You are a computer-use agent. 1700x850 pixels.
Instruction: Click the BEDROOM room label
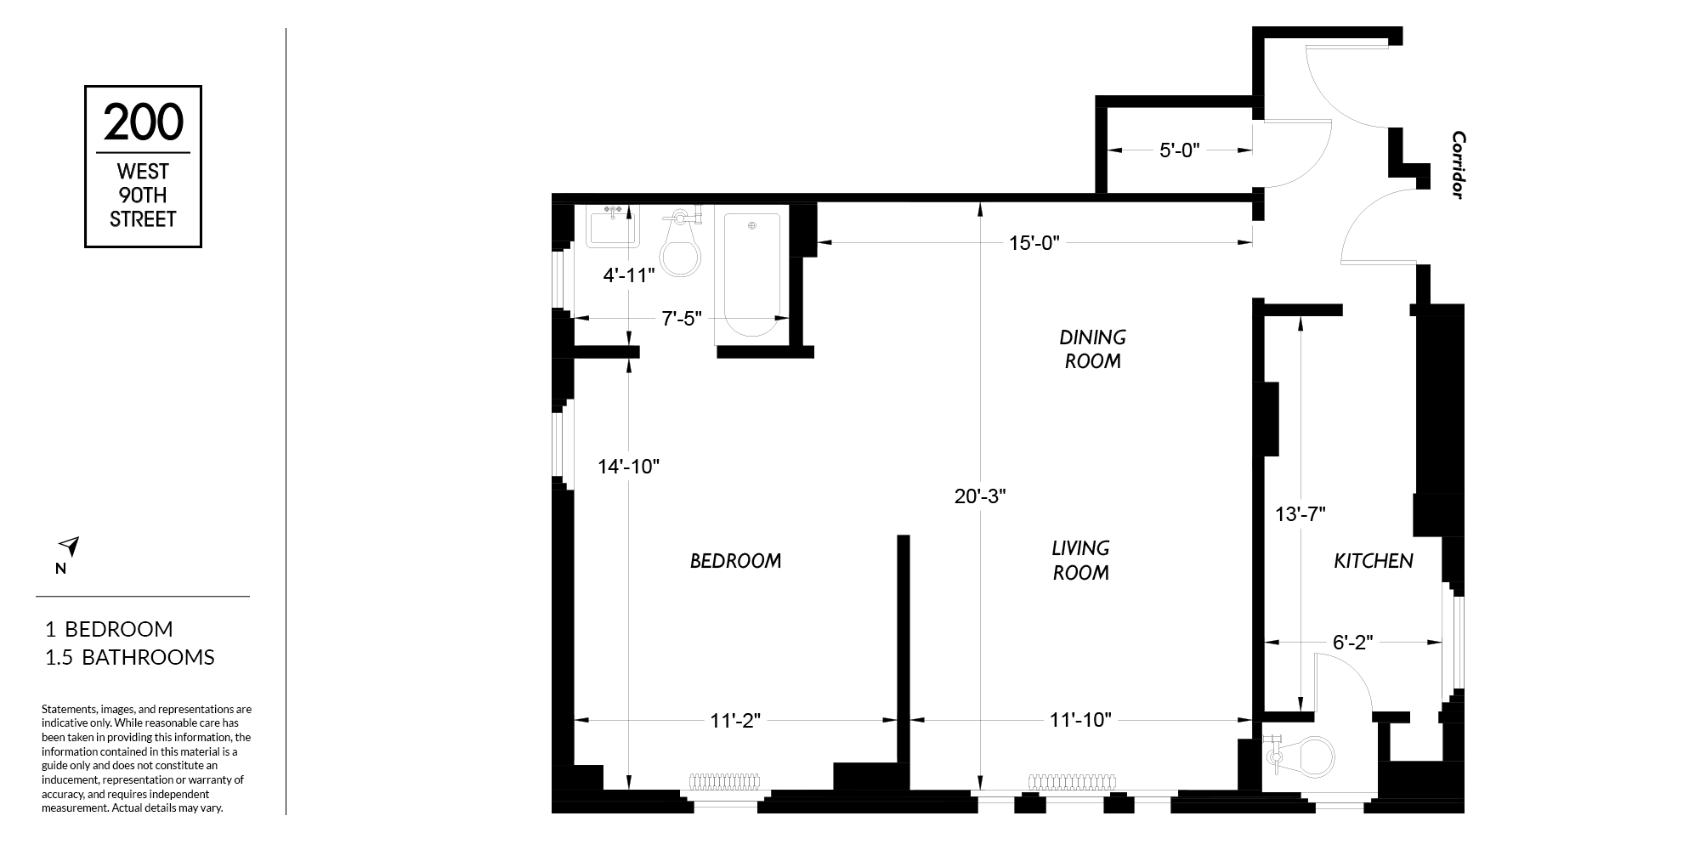(735, 561)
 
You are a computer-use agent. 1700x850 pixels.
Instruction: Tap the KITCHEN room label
(1374, 561)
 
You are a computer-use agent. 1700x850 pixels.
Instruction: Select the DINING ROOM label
(1093, 349)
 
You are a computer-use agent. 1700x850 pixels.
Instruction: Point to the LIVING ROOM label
(1081, 560)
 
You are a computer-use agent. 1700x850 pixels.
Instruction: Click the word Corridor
(1459, 165)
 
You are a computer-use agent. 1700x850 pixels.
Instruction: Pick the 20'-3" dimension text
(980, 496)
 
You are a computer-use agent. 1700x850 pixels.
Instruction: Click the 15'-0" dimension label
(1034, 243)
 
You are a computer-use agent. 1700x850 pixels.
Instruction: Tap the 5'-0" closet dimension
(1179, 150)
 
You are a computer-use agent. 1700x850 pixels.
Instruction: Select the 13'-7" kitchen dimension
(1300, 514)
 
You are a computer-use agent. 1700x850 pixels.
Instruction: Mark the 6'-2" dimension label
(1353, 643)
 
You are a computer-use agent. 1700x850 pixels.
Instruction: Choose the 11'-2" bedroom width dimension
(735, 721)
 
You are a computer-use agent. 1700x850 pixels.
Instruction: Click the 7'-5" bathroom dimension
(682, 319)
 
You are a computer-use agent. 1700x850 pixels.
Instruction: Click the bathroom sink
(611, 226)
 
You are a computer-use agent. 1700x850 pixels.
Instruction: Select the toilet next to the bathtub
(681, 244)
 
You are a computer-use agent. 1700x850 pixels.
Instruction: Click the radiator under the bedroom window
(724, 782)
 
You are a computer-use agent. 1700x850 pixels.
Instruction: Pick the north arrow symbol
(69, 547)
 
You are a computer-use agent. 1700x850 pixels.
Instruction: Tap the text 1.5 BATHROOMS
(130, 657)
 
